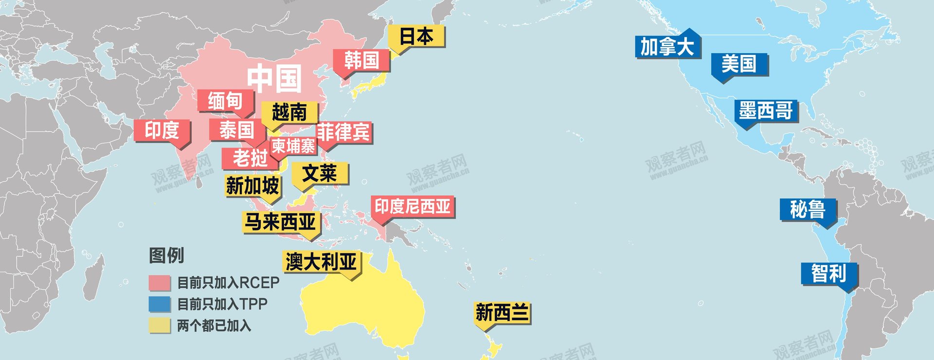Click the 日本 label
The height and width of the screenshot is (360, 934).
416,36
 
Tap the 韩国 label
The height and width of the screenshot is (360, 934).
361,61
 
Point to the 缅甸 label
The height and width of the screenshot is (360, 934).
225,101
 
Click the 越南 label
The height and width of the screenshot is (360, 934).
289,112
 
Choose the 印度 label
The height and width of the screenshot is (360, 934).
162,130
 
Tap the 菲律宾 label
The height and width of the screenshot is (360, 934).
343,132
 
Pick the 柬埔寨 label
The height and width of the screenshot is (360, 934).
293,146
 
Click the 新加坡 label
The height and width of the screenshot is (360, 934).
252,186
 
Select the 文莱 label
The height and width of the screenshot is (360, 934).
320,173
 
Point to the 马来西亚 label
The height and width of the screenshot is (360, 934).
280,222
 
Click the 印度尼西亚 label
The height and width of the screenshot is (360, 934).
413,207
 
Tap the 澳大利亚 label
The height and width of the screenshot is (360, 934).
321,262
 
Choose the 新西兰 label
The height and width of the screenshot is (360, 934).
502,313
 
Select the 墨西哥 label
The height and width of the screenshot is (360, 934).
766,111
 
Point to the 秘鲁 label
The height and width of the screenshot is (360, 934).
808,210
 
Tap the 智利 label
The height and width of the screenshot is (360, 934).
829,273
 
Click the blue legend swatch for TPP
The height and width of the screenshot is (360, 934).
160,304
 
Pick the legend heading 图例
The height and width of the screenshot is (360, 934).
166,255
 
